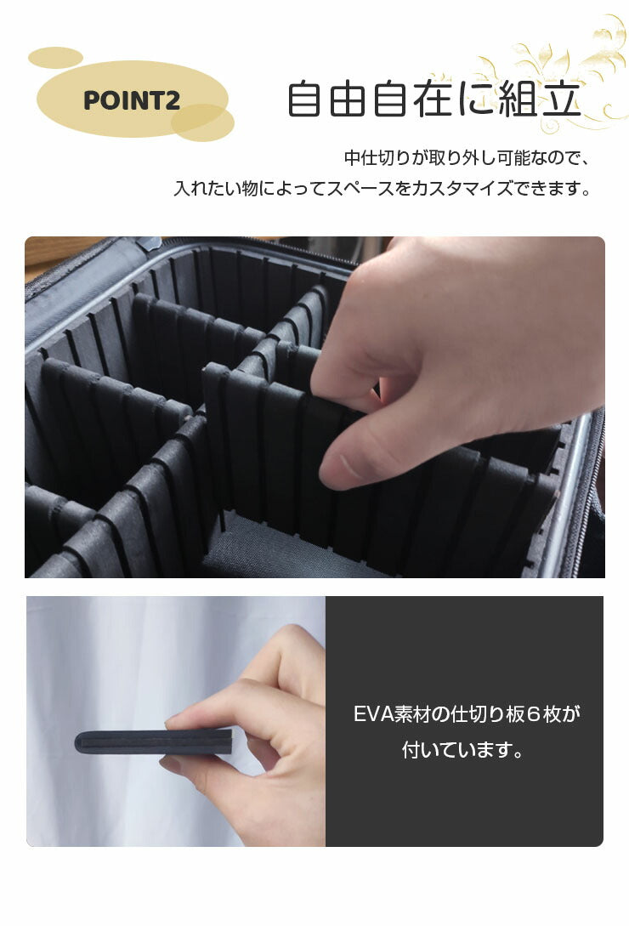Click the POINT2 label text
point(132,100)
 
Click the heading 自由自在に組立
point(433,99)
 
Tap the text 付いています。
point(463,751)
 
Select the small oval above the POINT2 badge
point(55,58)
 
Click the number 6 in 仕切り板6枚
point(533,714)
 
